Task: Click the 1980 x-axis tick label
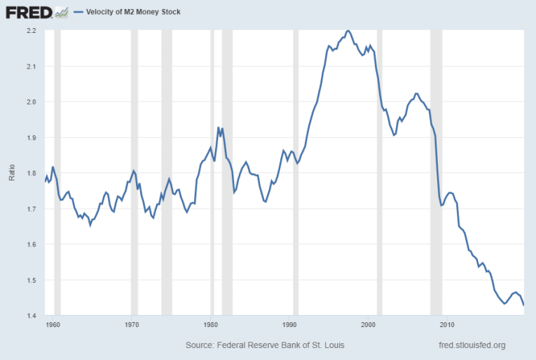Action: (211, 325)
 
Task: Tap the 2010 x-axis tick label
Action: (447, 325)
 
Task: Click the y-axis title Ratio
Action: (12, 173)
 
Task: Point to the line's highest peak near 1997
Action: (349, 31)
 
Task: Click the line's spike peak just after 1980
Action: (219, 127)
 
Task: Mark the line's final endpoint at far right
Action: (524, 305)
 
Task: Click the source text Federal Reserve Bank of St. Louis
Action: (265, 345)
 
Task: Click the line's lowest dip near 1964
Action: (90, 225)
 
